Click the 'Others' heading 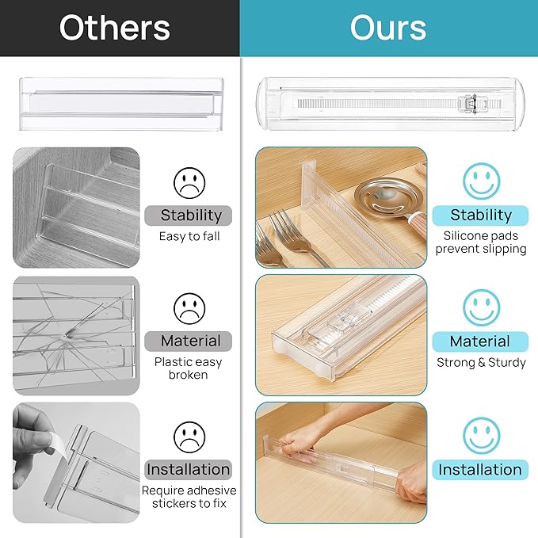tap(114, 29)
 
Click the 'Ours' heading tap(388, 29)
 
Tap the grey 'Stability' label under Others tap(190, 215)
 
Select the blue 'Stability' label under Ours tap(480, 215)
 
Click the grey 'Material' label tap(190, 341)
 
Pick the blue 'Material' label tap(480, 341)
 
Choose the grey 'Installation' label tap(189, 469)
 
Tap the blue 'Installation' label tap(480, 469)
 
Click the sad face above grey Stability tap(189, 183)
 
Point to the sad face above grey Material tap(189, 308)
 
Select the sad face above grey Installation tap(189, 436)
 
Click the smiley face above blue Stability tap(481, 181)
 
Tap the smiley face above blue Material tap(481, 307)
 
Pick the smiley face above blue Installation tap(481, 435)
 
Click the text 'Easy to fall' tap(189, 236)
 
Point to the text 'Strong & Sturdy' tap(481, 363)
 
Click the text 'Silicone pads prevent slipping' tap(484, 242)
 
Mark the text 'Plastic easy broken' tap(189, 368)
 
